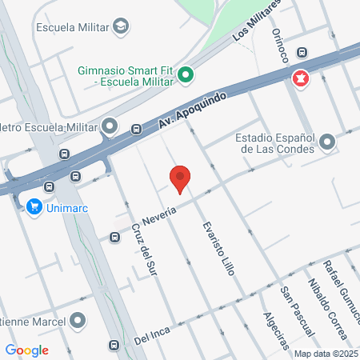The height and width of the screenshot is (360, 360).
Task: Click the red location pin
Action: coord(181,179)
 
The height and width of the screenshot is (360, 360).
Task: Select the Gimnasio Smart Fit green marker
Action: coord(186,76)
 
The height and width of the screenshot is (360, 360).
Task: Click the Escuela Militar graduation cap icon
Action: coord(121,27)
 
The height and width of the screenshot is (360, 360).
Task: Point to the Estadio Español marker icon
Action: coord(326,143)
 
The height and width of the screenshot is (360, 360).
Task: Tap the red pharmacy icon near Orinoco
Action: coord(301,79)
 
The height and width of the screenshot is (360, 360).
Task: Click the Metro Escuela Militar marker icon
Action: coord(110,126)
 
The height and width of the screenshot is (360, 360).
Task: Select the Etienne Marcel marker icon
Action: coord(78,321)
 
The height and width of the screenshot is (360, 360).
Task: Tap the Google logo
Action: coord(26,350)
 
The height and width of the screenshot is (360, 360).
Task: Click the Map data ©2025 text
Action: coord(326,354)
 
